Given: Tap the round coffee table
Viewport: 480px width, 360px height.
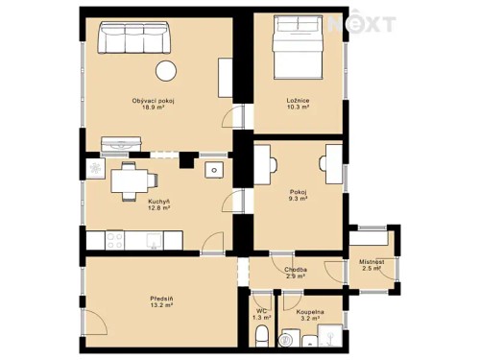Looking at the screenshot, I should click(x=167, y=70).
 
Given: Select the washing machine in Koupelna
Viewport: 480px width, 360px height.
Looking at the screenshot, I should click(x=288, y=339).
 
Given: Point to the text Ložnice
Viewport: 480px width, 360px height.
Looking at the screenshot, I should click(x=298, y=101).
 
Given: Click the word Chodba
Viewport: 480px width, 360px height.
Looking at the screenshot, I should click(x=296, y=270).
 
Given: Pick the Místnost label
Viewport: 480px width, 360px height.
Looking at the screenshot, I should click(x=372, y=261).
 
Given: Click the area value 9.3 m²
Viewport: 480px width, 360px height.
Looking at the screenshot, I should click(x=298, y=199).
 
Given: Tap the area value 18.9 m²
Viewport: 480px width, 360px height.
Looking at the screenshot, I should click(x=153, y=108).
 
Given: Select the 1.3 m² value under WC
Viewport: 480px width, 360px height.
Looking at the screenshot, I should click(x=261, y=318).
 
